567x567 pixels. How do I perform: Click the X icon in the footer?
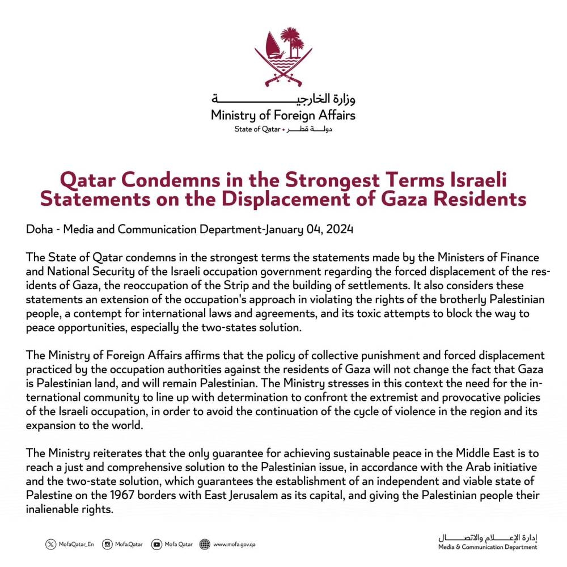[x=51, y=545]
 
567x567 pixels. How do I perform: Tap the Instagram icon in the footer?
[x=107, y=545]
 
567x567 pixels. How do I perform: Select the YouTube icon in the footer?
[x=156, y=545]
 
